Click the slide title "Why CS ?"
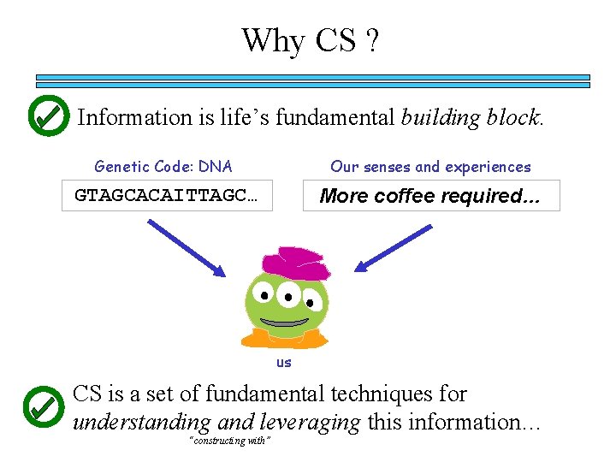tap(310, 40)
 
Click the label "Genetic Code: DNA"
tap(163, 167)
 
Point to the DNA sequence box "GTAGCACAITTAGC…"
tap(167, 195)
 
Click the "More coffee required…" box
tap(430, 195)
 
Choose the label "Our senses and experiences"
tap(430, 167)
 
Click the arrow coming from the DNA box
tap(187, 247)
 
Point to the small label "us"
tap(283, 362)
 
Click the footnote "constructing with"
tap(230, 440)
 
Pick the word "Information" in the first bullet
tap(134, 117)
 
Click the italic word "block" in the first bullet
tap(517, 117)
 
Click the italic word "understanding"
tap(141, 422)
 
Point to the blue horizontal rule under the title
tap(313, 81)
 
